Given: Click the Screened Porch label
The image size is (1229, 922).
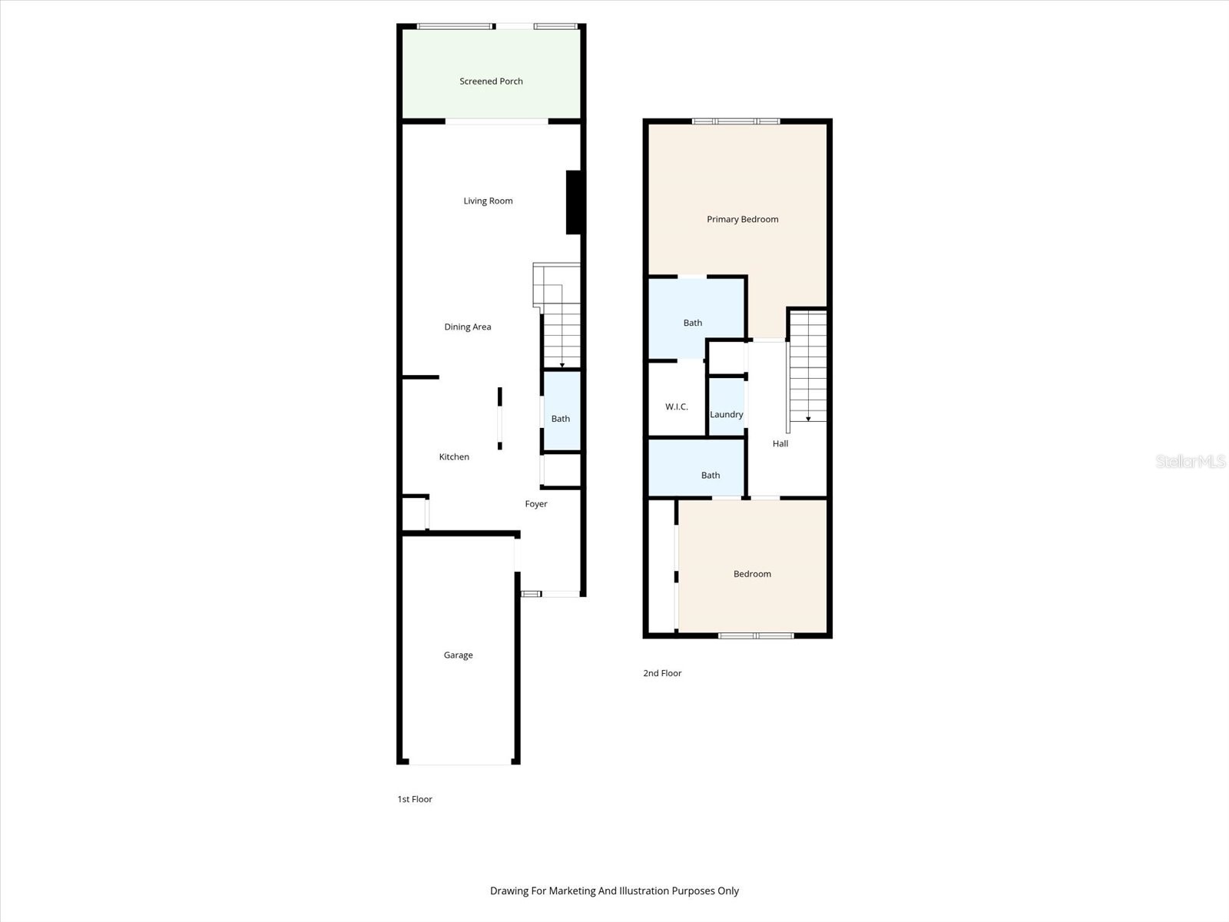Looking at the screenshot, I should (491, 81).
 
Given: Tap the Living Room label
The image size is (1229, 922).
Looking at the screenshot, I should (488, 201).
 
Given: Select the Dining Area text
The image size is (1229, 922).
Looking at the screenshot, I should (467, 327).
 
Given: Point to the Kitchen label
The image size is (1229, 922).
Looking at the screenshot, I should (454, 457).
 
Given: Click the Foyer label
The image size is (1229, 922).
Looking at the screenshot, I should (536, 504).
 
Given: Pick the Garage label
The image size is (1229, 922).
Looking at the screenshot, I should (458, 655).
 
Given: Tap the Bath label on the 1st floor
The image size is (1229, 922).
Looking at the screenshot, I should (561, 419).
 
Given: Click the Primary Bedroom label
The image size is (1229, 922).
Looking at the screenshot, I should (742, 220).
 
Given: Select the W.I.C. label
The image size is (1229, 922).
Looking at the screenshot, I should (676, 406).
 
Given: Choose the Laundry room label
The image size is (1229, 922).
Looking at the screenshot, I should (726, 415).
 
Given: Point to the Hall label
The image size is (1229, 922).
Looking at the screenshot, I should (780, 443).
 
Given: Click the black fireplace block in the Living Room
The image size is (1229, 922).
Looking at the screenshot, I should (573, 202).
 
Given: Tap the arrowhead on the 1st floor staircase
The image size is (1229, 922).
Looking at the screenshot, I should (562, 366).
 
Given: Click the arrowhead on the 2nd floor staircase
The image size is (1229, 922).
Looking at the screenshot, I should (808, 419).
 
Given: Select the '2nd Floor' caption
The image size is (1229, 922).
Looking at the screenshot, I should (662, 673).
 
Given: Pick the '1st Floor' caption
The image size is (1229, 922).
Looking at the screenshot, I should (415, 799).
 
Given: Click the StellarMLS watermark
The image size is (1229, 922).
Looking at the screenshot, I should (1190, 461).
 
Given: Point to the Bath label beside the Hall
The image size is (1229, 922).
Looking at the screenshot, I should (711, 476).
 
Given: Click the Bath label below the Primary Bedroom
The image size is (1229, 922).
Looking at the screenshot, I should (693, 323).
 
